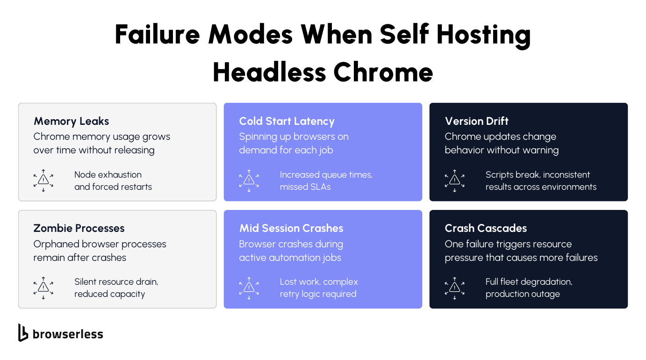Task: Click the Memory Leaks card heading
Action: coord(71,122)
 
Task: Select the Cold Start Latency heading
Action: coord(287,122)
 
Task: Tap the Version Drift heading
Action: coord(476,121)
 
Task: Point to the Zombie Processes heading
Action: coord(79,228)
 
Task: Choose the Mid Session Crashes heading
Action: coord(291,228)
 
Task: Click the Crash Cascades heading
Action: coord(486,228)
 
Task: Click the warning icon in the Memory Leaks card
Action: coord(43,180)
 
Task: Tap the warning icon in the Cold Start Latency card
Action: coord(249,181)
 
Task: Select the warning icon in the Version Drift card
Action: coord(454,181)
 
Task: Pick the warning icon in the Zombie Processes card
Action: coord(43,288)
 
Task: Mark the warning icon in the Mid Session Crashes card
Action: coord(249,288)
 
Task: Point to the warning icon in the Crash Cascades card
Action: coord(454,288)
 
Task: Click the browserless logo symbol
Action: coord(23,332)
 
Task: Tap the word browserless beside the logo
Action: coord(68,334)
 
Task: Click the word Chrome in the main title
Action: coord(383,72)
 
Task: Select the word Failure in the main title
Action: coord(157,34)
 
